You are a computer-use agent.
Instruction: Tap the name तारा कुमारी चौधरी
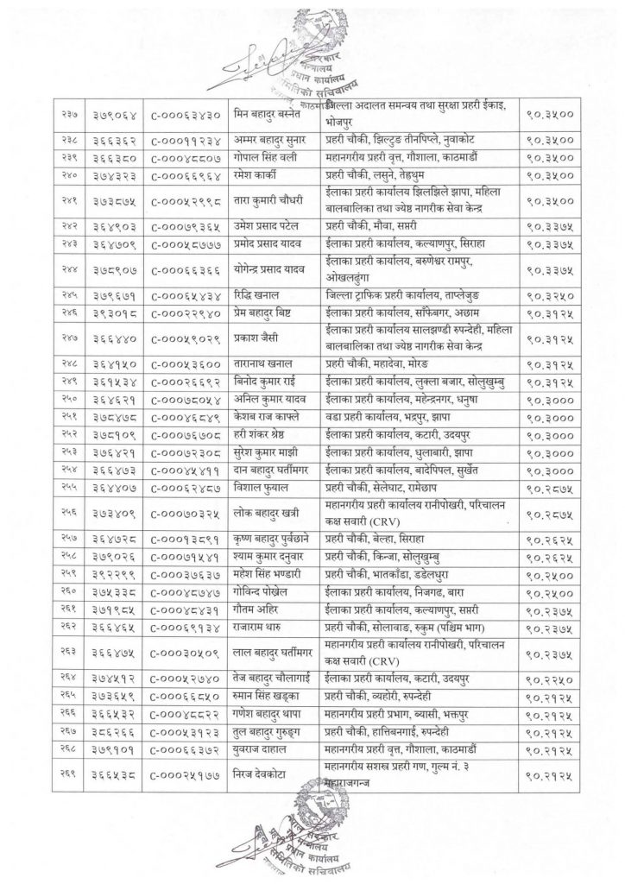[272, 198]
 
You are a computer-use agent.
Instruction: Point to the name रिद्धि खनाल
[261, 294]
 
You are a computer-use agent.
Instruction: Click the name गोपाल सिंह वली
[270, 156]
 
